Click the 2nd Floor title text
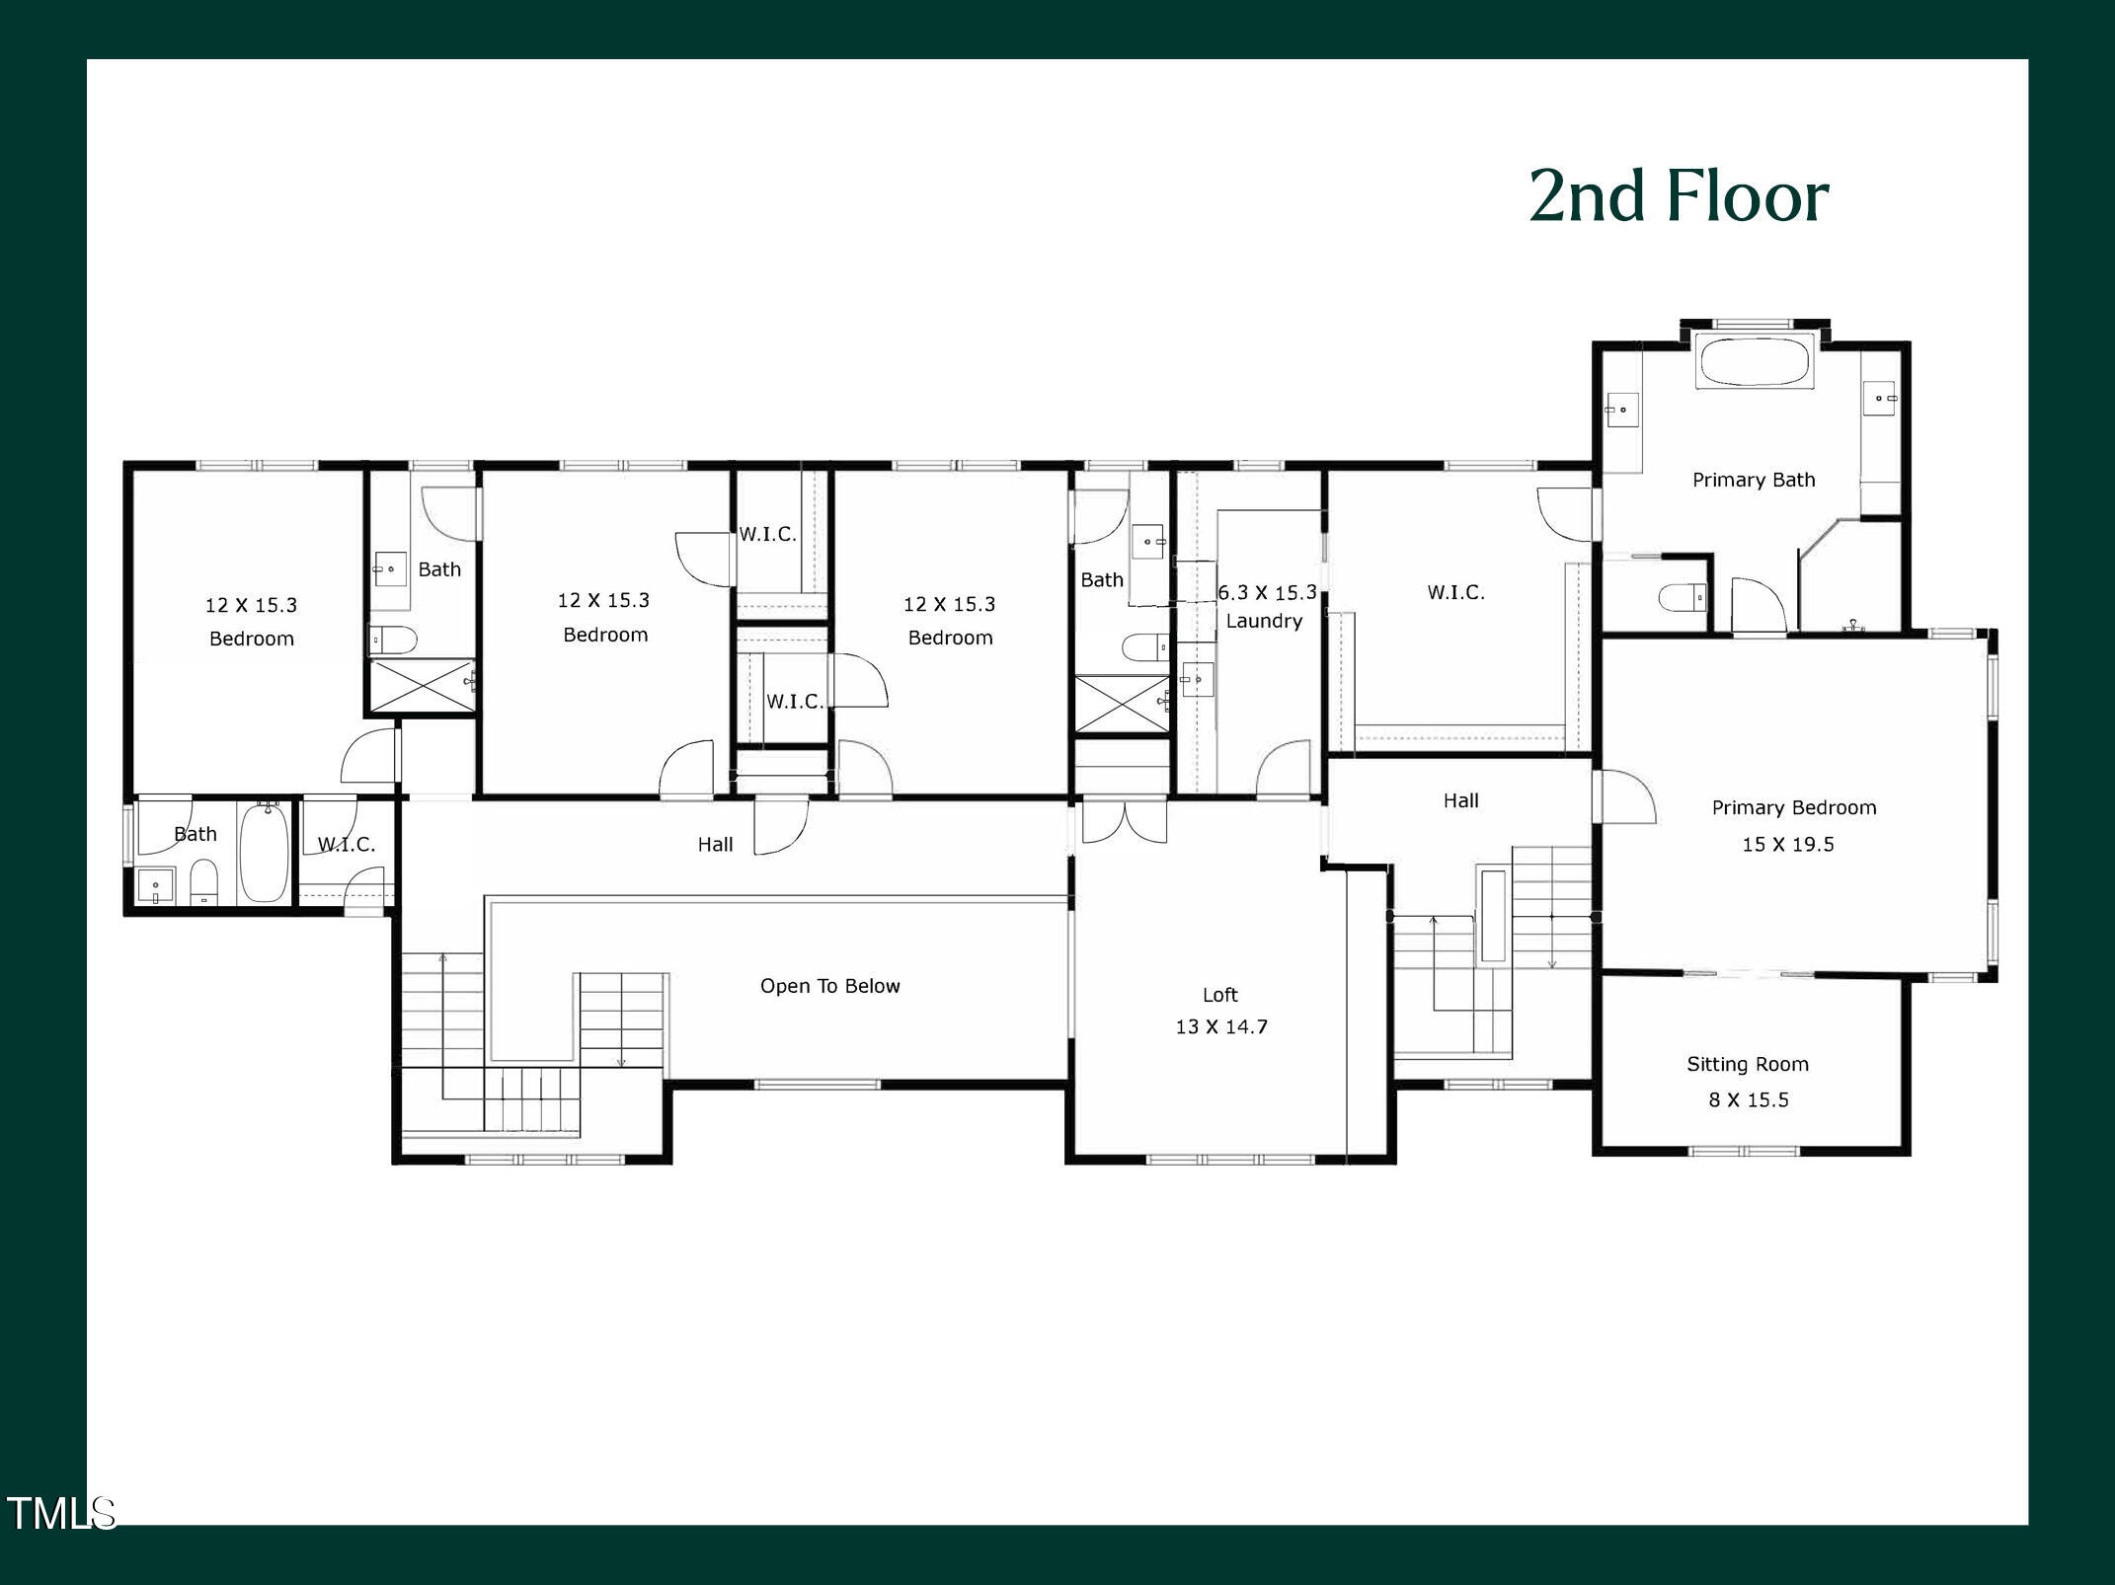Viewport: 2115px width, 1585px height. [x=1679, y=195]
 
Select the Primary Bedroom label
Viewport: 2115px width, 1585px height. [x=1793, y=807]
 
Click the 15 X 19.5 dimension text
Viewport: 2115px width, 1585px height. [x=1787, y=844]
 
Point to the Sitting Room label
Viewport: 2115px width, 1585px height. [x=1747, y=1064]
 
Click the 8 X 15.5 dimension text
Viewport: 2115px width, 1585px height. [x=1748, y=1099]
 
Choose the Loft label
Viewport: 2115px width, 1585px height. [x=1219, y=995]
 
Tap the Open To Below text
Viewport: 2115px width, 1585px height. [x=829, y=986]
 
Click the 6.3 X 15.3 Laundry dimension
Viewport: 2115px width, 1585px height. [x=1266, y=592]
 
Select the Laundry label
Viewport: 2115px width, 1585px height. [x=1264, y=621]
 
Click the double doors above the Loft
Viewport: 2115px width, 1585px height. [x=1124, y=822]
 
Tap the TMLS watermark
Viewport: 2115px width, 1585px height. [x=61, y=1513]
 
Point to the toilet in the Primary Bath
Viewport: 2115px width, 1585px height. [x=1682, y=597]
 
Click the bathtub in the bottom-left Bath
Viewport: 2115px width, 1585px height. [x=264, y=852]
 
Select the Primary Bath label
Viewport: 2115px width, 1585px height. [x=1753, y=480]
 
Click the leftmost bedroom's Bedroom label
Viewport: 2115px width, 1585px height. [x=251, y=639]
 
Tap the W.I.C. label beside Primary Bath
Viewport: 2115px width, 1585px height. [x=1455, y=592]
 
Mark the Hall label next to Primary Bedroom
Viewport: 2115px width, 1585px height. [x=1460, y=800]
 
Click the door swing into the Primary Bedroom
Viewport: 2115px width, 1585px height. [x=1624, y=797]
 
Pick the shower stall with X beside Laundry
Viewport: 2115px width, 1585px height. [x=1122, y=703]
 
